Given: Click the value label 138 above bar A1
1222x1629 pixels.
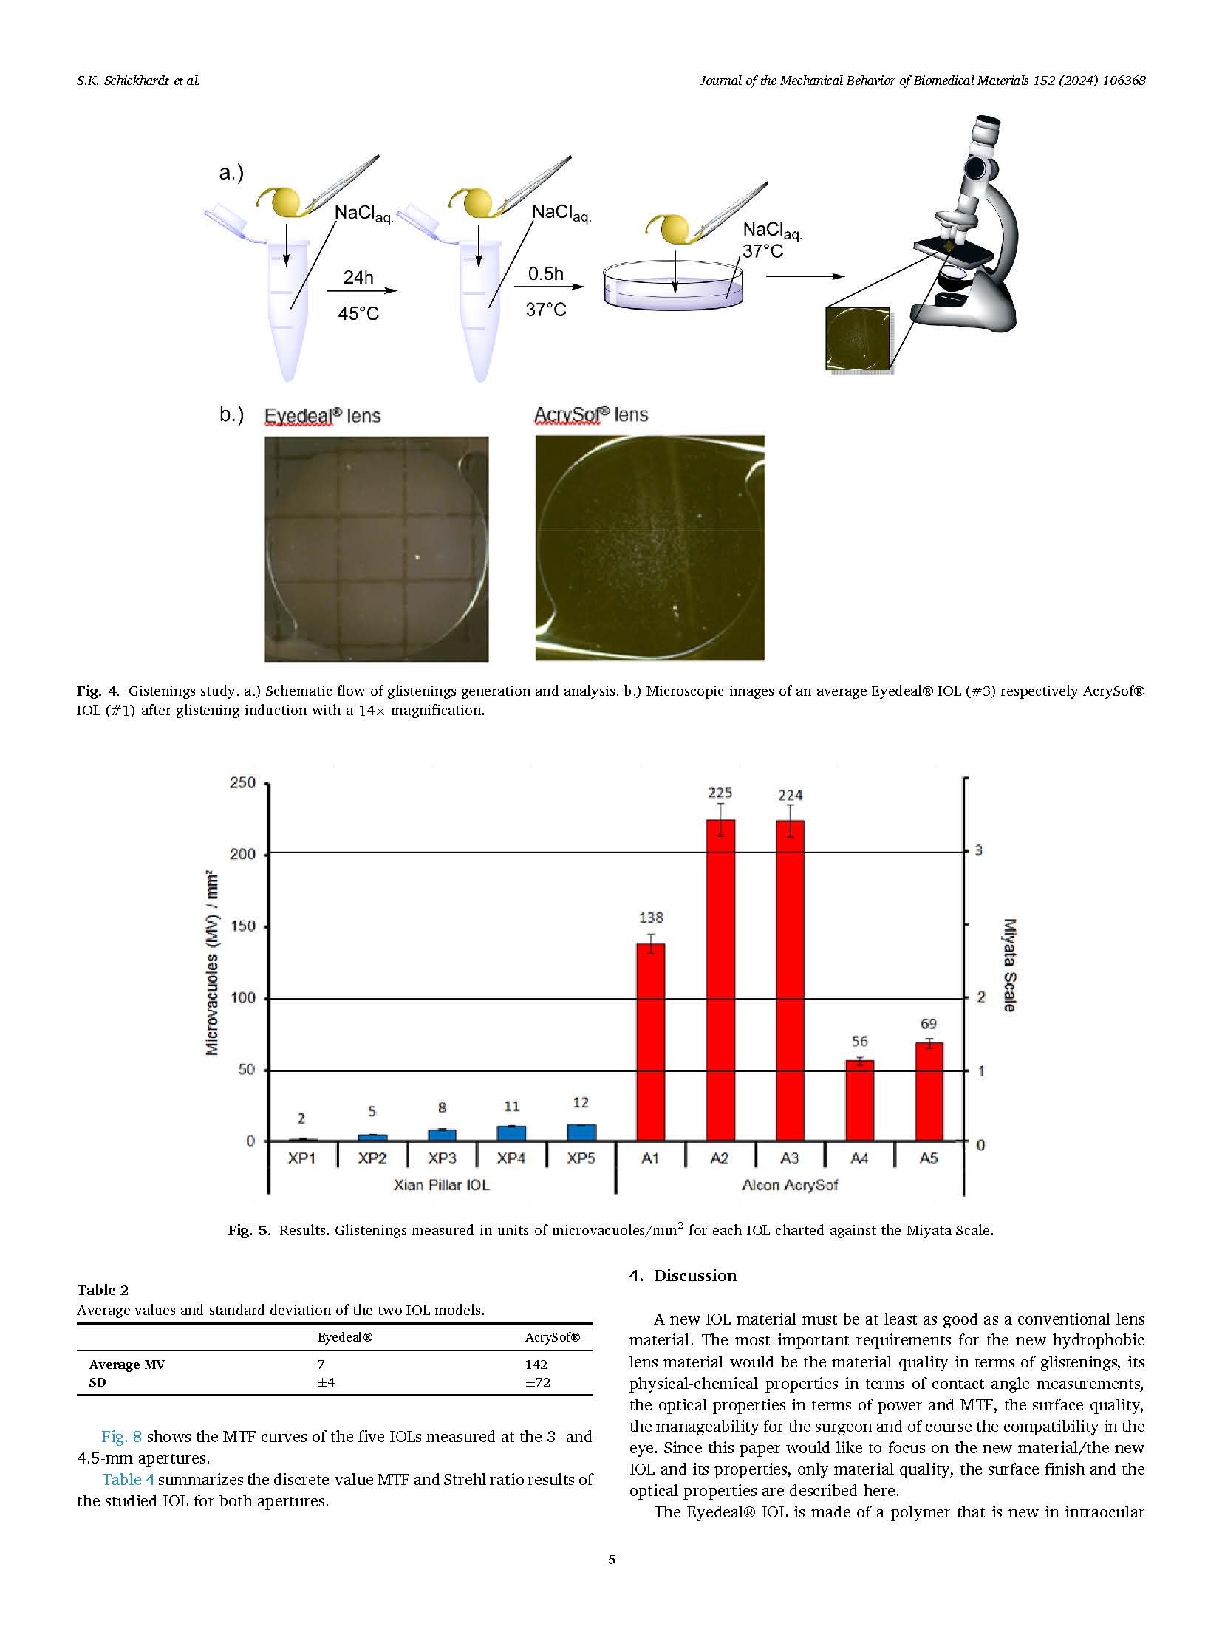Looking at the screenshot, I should [x=650, y=918].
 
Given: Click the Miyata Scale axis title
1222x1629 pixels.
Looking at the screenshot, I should [x=1009, y=964].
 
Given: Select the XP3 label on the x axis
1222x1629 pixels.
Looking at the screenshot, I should [x=442, y=1158].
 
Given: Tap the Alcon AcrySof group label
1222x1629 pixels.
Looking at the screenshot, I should [x=790, y=1185].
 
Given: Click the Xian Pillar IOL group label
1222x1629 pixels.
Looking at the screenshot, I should [x=441, y=1185].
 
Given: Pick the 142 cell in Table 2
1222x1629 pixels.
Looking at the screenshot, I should [x=536, y=1365].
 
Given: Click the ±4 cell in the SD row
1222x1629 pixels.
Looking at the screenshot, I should [x=326, y=1382].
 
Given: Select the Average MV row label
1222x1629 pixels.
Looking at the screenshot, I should [x=127, y=1365].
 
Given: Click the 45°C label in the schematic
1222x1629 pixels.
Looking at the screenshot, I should [x=358, y=314].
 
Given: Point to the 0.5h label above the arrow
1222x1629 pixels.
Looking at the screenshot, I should [x=545, y=274].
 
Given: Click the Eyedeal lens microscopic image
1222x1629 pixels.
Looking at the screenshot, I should [x=376, y=549].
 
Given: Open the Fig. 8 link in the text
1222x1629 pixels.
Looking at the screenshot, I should [x=121, y=1437].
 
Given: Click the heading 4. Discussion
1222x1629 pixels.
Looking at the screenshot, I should [x=683, y=1276].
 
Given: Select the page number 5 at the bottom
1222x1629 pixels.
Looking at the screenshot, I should [x=611, y=1560].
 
